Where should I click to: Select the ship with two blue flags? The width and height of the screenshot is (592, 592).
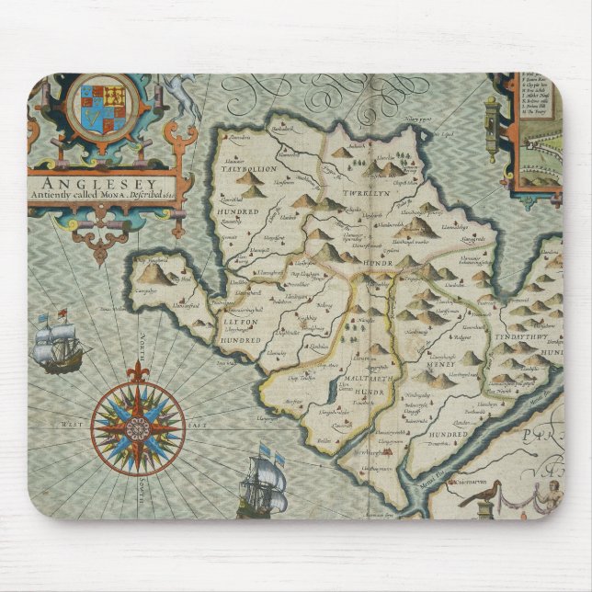(262, 483)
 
